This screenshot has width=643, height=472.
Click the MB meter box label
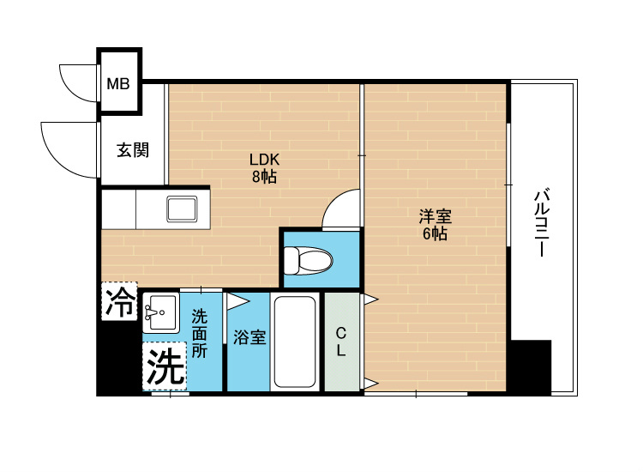click(x=118, y=84)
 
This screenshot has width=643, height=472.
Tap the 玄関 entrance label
click(x=133, y=150)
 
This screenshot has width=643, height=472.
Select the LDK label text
click(x=265, y=159)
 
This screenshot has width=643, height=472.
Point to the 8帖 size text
click(x=265, y=177)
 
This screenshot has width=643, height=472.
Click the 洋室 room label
click(x=435, y=216)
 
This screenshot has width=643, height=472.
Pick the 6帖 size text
click(x=435, y=234)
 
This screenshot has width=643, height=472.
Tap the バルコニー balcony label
click(x=542, y=222)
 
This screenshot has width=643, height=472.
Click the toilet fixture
click(x=308, y=260)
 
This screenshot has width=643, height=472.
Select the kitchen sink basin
click(x=182, y=208)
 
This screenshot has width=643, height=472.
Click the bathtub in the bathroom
click(x=295, y=342)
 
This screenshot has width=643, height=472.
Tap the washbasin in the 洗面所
click(x=161, y=312)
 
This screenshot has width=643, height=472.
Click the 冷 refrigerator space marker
click(x=119, y=302)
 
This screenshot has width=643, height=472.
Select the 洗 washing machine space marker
click(x=165, y=366)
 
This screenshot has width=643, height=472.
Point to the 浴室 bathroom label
click(x=249, y=337)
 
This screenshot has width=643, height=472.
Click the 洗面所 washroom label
click(x=200, y=333)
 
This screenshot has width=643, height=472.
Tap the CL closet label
click(x=340, y=342)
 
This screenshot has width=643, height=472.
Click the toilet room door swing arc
click(x=331, y=200)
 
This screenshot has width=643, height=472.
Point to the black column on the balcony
click(x=531, y=367)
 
